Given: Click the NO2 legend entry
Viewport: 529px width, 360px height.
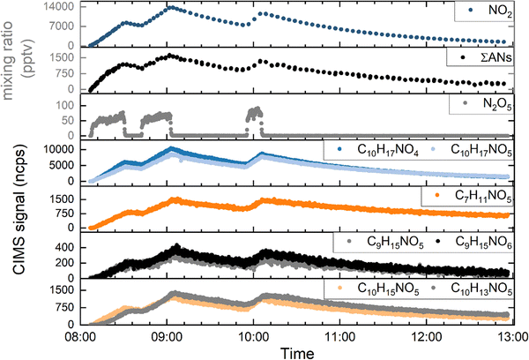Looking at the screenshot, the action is click(500, 11).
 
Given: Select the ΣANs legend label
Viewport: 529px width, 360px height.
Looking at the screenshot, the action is click(496, 57).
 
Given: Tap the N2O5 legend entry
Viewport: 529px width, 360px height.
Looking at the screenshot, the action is click(497, 104).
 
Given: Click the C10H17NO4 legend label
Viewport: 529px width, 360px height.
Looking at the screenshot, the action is click(388, 150).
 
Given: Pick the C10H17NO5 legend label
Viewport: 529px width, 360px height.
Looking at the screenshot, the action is click(481, 150).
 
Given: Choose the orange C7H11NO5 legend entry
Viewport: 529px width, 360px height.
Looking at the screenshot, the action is click(483, 196).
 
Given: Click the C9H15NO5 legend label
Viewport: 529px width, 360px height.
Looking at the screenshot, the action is click(395, 243).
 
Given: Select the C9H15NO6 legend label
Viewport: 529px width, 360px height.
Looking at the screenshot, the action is click(483, 243).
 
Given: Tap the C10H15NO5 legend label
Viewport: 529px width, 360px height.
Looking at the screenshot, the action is click(388, 289).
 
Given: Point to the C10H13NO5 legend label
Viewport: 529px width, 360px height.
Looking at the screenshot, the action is click(481, 289).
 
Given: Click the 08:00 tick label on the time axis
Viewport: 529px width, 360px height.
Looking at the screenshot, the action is click(79, 337).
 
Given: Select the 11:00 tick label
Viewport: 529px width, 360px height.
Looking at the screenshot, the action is click(340, 337).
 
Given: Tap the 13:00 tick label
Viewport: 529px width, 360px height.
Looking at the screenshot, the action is click(513, 337).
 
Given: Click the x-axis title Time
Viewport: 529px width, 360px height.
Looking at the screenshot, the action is click(297, 353).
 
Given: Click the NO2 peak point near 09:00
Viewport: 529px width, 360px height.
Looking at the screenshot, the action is click(171, 7).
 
